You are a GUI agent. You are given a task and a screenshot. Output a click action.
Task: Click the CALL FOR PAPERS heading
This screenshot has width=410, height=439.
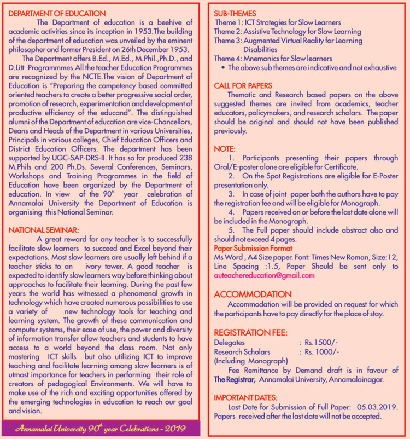[x=243, y=85]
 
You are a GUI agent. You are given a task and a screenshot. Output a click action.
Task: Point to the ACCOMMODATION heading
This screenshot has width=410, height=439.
[x=253, y=294]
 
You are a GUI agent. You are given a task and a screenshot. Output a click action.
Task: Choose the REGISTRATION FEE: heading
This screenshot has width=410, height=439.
[x=251, y=332]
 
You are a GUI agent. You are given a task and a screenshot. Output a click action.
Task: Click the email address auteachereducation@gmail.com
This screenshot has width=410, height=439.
[x=265, y=275]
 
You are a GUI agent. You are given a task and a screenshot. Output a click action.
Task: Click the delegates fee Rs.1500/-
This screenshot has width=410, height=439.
[x=320, y=342]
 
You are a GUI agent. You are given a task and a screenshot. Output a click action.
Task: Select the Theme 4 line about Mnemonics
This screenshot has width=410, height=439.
[x=273, y=59]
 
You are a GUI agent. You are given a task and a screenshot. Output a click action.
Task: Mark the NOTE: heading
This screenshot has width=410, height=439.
[x=225, y=148]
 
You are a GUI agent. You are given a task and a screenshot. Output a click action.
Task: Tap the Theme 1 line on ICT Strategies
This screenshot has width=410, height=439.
[x=278, y=22]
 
